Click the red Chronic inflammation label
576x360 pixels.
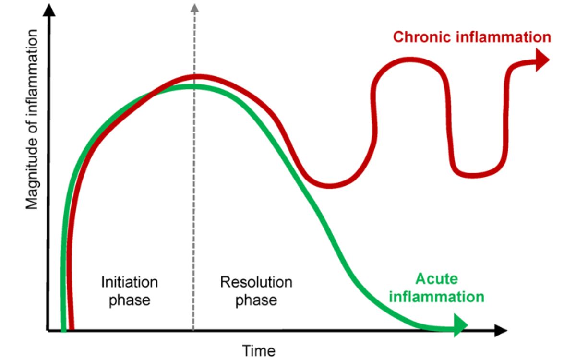472,37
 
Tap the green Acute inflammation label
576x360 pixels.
436,288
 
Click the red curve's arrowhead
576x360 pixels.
542,60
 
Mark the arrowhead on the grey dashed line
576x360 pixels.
194,8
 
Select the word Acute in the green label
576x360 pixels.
436,279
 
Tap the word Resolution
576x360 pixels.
256,282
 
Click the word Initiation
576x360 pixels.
129,282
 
